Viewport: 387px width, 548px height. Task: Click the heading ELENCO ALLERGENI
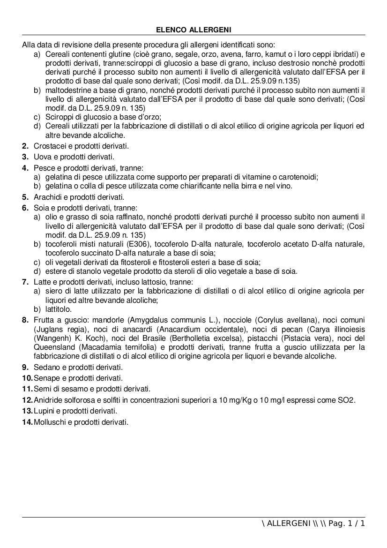193,30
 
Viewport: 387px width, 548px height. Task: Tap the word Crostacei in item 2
47,146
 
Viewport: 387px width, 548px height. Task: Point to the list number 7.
25,282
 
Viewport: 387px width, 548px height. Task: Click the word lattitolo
59,309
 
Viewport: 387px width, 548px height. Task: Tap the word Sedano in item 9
45,367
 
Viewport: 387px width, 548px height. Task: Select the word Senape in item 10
45,378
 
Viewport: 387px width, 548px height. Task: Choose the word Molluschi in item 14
49,422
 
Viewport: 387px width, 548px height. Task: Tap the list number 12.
27,400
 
